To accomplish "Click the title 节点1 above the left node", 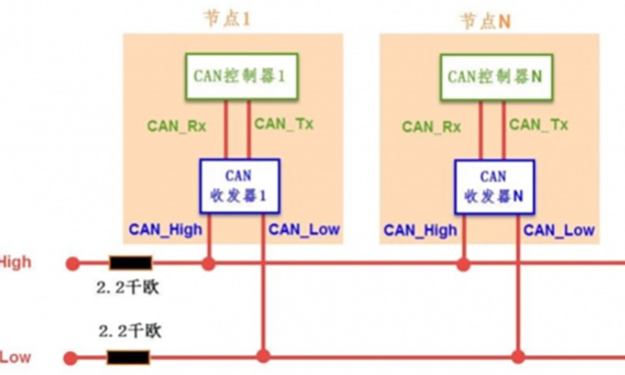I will tap(227, 17).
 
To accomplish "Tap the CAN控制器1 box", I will tap(240, 76).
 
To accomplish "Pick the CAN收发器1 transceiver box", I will tap(239, 186).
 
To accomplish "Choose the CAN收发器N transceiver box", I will tap(493, 187).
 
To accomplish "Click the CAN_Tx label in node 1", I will tap(284, 124).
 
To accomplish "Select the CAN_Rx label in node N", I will tap(432, 127).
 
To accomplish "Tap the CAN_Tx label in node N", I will tap(539, 125).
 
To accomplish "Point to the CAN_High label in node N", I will tap(420, 229).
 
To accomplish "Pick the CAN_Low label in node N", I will tap(559, 229).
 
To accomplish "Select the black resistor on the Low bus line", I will tap(128, 358).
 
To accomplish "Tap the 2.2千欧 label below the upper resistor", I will tap(128, 289).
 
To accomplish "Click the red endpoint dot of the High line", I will tap(73, 263).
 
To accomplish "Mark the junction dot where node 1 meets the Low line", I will tap(263, 357).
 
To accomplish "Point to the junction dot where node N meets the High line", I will tap(463, 263).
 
